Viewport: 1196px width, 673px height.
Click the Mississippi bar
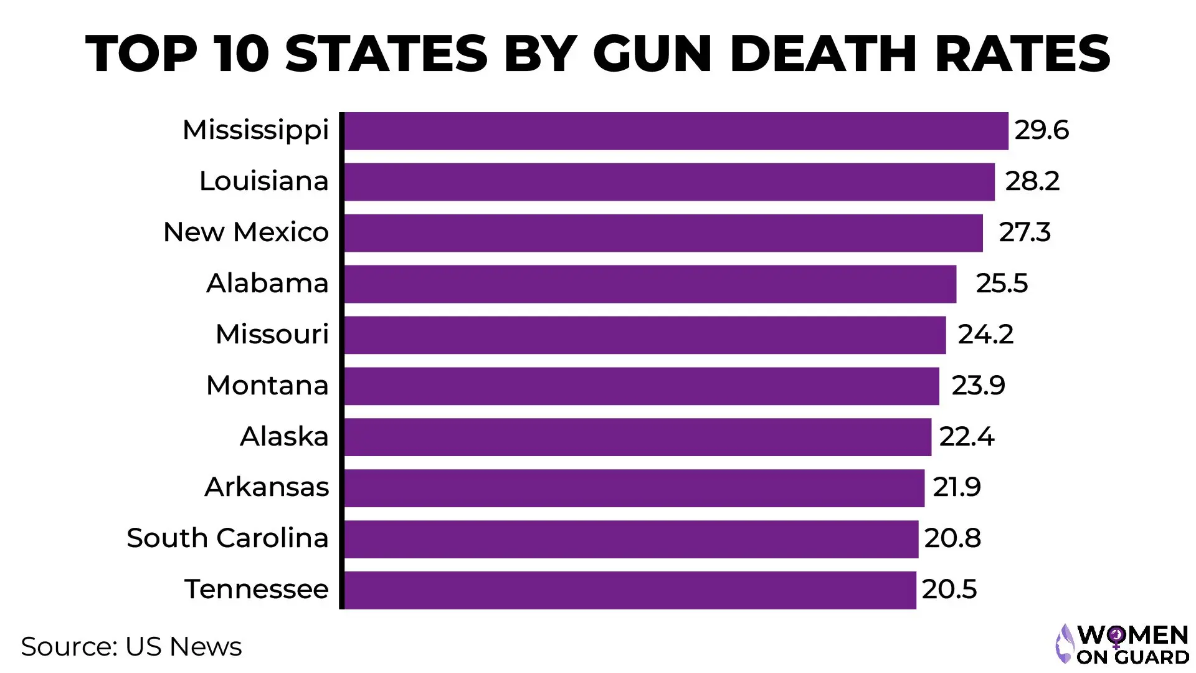click(676, 131)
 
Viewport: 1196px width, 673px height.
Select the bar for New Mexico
click(663, 233)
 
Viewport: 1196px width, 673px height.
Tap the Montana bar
click(642, 386)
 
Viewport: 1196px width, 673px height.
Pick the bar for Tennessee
click(630, 590)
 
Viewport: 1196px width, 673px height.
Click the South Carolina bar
click(631, 539)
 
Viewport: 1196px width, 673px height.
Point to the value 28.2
click(1032, 181)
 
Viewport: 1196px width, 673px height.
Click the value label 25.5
click(1002, 284)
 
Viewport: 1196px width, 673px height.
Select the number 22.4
click(967, 437)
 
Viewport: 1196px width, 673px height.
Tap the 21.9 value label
click(957, 487)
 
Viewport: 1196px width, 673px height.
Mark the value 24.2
click(985, 335)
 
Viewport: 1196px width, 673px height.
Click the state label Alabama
click(267, 284)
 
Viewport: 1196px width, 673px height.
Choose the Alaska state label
click(284, 437)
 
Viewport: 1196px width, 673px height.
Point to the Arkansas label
click(267, 487)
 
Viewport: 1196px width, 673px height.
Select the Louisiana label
click(263, 181)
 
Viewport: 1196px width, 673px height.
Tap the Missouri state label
click(272, 335)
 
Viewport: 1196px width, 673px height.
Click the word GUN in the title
click(652, 54)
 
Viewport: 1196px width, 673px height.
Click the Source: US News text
click(131, 647)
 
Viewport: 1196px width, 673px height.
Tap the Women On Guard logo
click(1122, 644)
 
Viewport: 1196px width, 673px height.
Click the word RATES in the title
click(1022, 54)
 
